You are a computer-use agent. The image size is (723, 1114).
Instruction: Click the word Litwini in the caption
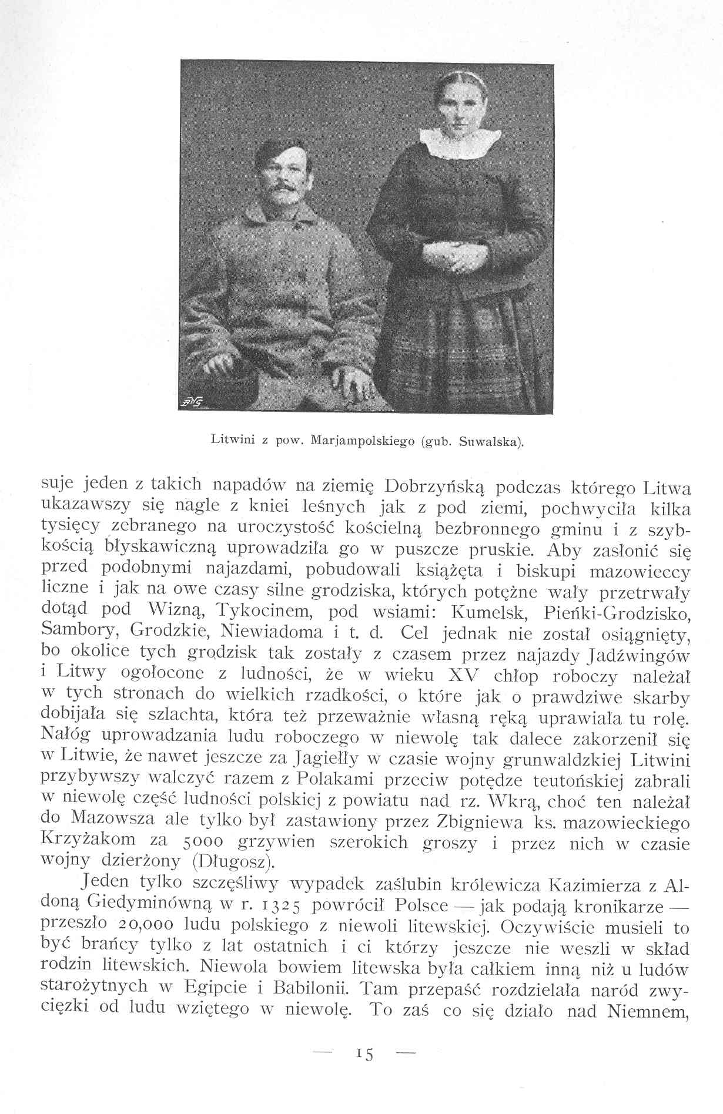[227, 439]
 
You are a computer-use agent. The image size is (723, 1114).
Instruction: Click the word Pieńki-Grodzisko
[624, 613]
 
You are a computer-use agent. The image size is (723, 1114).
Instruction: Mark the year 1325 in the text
[280, 905]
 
